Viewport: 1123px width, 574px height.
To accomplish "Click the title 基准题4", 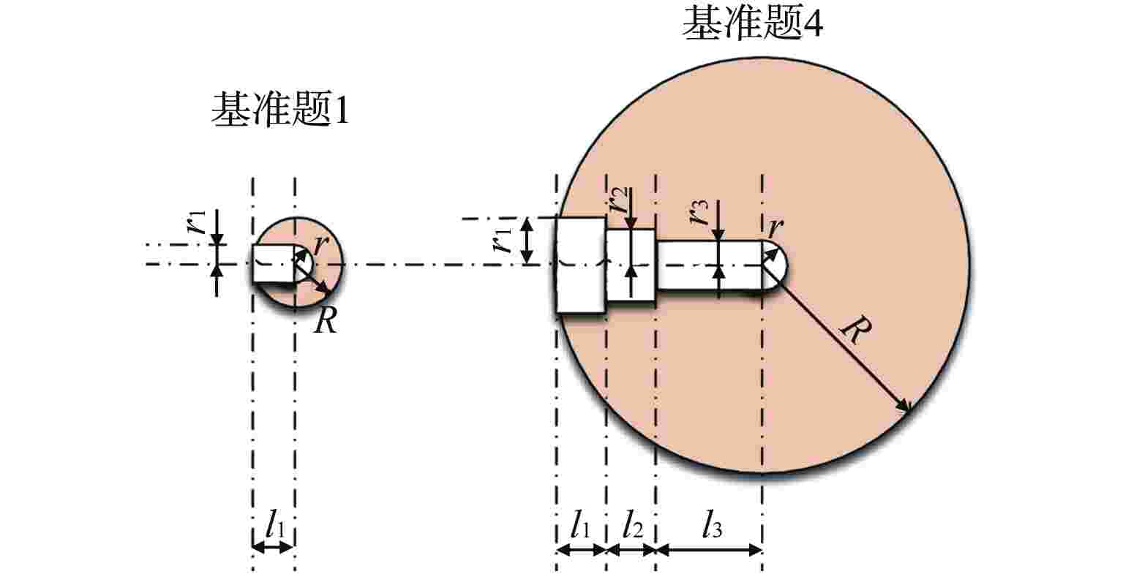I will (x=753, y=26).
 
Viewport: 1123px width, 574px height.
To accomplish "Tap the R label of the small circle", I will (x=325, y=320).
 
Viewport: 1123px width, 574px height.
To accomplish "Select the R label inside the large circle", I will (x=853, y=332).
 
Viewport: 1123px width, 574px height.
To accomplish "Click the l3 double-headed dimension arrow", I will (x=709, y=549).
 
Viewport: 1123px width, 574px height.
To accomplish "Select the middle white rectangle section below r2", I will (x=631, y=265).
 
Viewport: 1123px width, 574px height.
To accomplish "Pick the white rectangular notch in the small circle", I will (x=274, y=263).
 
